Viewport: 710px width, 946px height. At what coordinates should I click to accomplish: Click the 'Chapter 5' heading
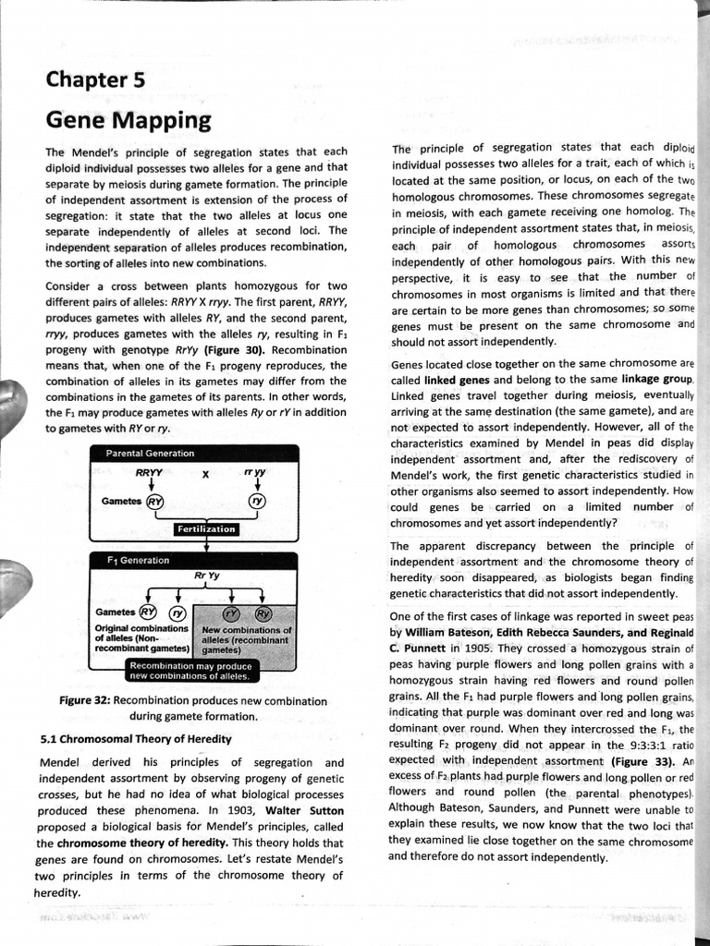(x=96, y=80)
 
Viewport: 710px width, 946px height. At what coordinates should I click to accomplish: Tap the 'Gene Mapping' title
(x=129, y=121)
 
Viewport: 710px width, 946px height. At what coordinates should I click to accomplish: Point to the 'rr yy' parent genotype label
(x=255, y=473)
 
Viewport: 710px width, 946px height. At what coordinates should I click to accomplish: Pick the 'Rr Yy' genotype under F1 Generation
(x=206, y=576)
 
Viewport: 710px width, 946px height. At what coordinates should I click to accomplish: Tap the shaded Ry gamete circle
(x=263, y=613)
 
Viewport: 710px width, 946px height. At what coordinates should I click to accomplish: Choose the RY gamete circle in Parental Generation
(x=155, y=502)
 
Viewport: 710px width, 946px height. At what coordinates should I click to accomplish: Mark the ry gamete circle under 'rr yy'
(x=256, y=502)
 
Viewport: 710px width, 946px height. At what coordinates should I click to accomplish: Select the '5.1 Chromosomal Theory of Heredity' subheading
(x=136, y=739)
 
